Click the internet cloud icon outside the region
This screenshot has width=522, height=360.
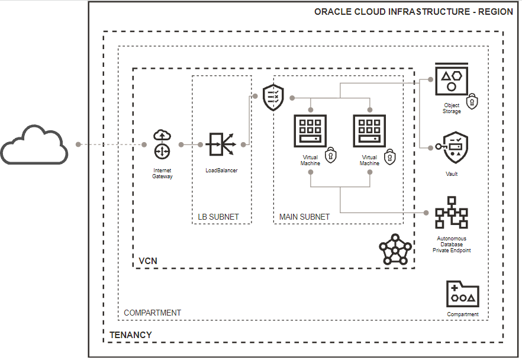coord(34,144)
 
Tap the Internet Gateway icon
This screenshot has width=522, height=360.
coord(162,144)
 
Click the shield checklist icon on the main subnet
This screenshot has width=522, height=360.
coord(273,96)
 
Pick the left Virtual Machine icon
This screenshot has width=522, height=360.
coord(311,131)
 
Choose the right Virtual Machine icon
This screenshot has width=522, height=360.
coord(370,131)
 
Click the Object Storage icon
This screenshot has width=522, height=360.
coord(452,79)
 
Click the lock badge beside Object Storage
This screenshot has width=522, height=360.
coord(471,101)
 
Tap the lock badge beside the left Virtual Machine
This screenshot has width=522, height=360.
coord(331,155)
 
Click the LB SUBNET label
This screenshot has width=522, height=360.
coord(218,217)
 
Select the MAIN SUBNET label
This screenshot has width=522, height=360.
coord(304,217)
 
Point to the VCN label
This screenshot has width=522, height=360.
coord(147,261)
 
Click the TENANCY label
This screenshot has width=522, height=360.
coord(130,335)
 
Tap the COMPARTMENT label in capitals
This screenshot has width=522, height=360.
coord(152,313)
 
